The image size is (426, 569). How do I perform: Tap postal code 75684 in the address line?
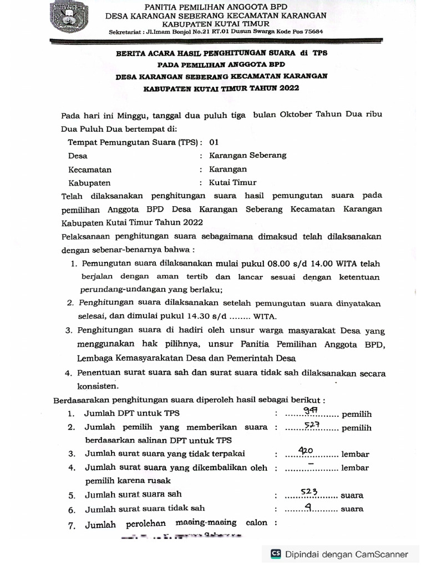coord(312,32)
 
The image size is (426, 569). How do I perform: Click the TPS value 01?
coord(214,142)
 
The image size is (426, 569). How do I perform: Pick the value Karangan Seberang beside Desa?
coord(247,155)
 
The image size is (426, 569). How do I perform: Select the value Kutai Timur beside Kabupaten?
coord(232,182)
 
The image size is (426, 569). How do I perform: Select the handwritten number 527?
coord(312,425)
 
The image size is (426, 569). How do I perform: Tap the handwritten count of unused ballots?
coord(306,450)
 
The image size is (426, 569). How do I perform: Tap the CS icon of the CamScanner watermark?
coord(276,553)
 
